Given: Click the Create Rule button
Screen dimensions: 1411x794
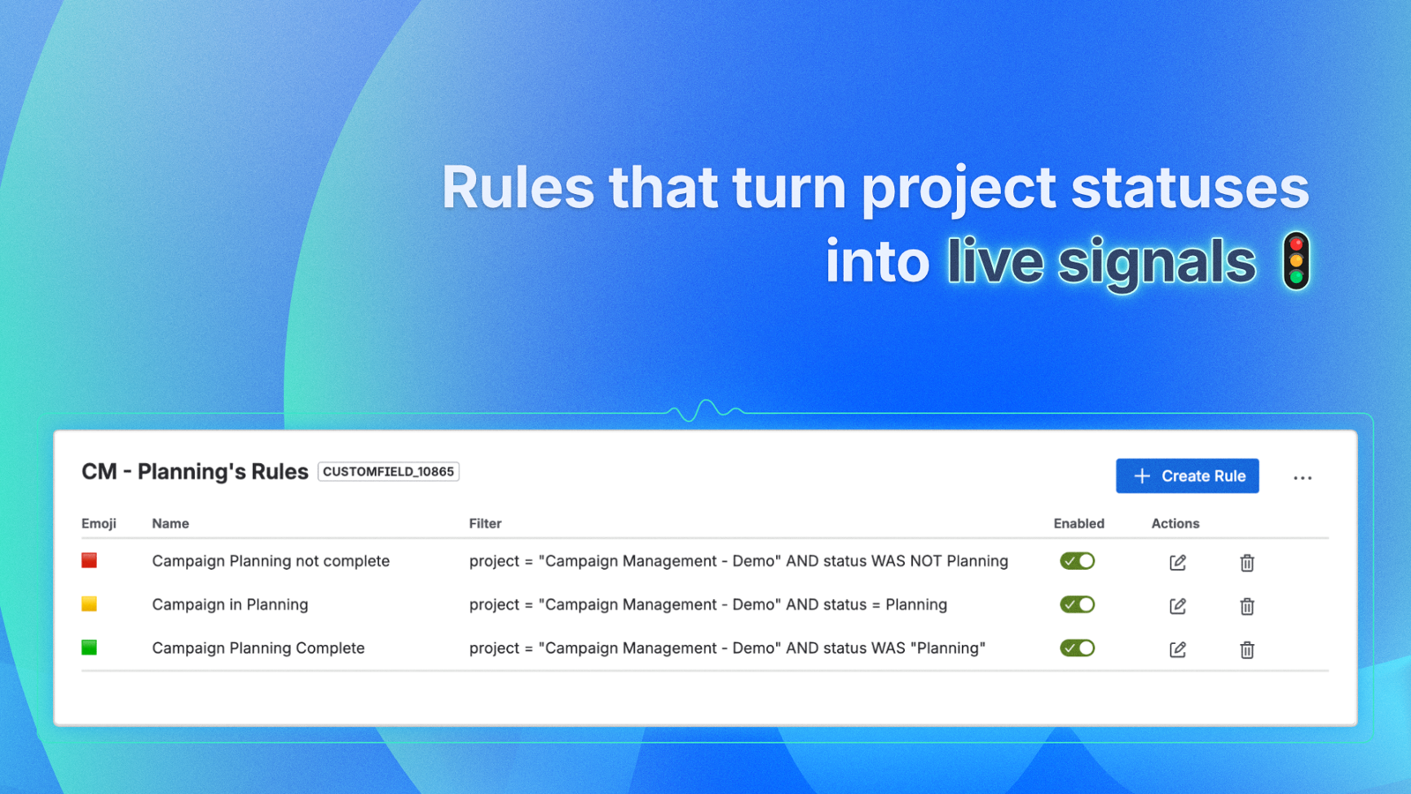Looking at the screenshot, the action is pos(1187,476).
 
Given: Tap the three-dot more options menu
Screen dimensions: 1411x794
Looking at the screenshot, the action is pos(1303,478).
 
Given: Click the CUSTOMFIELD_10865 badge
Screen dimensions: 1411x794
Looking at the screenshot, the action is pos(388,471).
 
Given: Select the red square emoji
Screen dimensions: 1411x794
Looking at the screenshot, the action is pos(89,560).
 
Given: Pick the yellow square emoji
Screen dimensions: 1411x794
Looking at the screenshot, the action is pos(89,603).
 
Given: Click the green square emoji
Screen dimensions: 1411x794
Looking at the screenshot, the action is pos(89,648).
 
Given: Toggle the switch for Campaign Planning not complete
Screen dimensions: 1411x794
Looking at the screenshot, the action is pos(1077,561).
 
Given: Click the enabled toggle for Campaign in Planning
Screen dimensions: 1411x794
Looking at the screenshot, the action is pos(1077,604).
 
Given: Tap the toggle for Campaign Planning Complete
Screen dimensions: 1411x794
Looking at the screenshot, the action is pos(1077,648).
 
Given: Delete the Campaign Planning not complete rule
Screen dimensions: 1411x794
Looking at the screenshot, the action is pos(1247,562).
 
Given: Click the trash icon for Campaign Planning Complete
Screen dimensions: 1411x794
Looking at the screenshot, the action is pos(1247,649).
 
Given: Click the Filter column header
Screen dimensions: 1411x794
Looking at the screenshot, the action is pos(485,523).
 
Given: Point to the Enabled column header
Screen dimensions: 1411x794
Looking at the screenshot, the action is pos(1079,523).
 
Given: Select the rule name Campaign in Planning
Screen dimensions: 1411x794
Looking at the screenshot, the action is pos(230,604).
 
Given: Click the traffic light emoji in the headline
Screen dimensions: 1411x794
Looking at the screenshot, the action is pos(1296,261).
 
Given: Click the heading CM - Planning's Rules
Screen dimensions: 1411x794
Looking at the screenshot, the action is pos(195,471).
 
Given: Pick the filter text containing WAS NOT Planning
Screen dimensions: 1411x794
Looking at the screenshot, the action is pos(738,561).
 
